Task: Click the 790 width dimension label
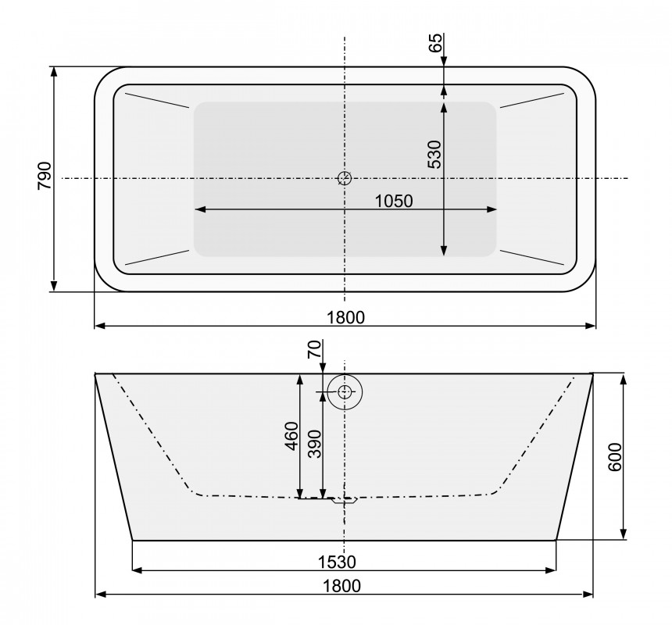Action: click(44, 176)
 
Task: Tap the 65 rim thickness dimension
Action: click(434, 42)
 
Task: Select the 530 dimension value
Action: click(434, 154)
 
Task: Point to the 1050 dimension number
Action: click(394, 201)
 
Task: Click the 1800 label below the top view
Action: click(345, 317)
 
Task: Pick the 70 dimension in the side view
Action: click(314, 349)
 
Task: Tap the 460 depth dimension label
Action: click(291, 436)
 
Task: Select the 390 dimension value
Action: click(315, 444)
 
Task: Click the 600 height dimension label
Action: click(615, 457)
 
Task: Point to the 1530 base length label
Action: click(337, 562)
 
